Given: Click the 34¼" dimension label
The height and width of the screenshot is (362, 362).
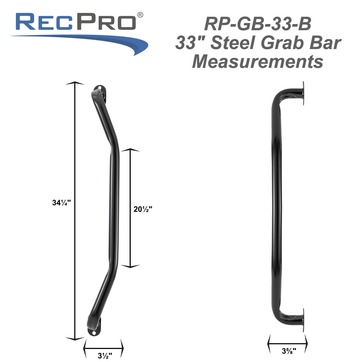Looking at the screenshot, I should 61,202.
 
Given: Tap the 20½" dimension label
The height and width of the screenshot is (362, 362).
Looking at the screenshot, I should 143,209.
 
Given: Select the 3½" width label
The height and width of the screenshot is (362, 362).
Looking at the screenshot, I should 105,355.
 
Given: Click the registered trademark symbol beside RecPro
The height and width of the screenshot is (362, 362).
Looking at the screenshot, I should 140,15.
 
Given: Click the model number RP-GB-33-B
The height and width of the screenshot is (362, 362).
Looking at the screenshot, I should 258,24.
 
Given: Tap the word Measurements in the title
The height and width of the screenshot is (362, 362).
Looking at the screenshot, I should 258,61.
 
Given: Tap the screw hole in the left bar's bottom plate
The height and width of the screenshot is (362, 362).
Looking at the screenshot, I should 94,333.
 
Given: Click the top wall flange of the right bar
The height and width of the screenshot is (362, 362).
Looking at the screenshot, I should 303,94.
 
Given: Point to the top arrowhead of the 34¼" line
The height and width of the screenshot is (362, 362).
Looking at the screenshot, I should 75,83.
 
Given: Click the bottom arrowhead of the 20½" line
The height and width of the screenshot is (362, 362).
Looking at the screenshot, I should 130,266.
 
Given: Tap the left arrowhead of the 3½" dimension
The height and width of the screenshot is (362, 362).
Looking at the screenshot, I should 85,348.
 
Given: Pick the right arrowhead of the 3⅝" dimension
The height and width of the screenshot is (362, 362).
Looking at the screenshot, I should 306,344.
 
